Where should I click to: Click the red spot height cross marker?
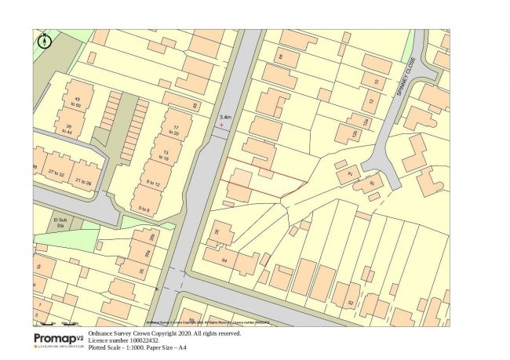coord(222,125)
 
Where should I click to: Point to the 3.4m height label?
coord(224,117)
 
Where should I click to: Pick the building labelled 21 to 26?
coord(85,182)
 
